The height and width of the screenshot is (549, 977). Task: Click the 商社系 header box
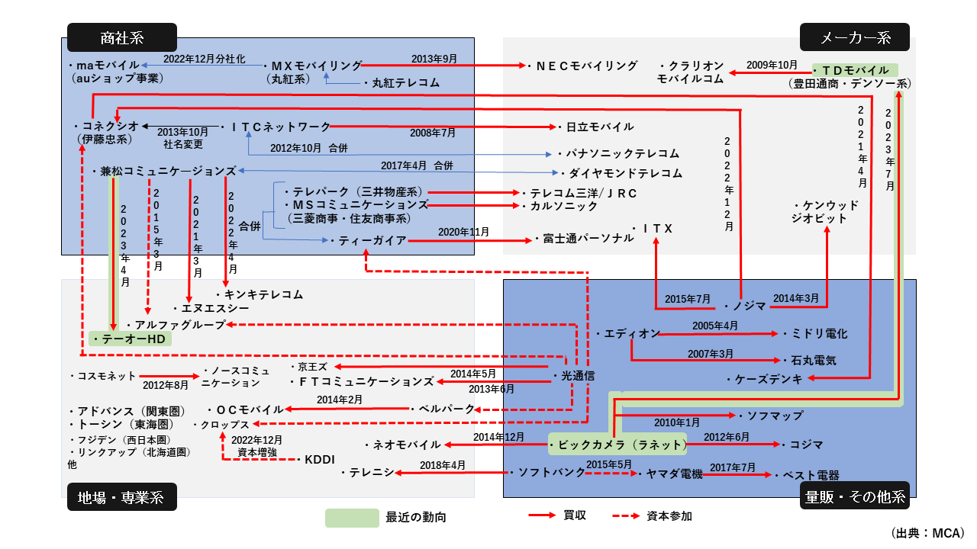(122, 37)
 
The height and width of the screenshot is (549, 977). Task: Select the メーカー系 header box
(855, 37)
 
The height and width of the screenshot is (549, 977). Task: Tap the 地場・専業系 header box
(122, 497)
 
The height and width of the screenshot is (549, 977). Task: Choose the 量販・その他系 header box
(855, 497)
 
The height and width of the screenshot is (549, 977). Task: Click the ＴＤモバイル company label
(857, 70)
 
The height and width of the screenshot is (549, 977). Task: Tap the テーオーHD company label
(131, 339)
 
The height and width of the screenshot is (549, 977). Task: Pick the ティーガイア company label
(368, 240)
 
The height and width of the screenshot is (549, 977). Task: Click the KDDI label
(319, 459)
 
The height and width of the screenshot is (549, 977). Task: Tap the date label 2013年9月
(434, 59)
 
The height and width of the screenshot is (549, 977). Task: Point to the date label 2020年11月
(463, 231)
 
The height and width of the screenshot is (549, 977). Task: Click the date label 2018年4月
(442, 464)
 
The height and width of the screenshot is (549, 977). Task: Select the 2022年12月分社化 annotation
(205, 58)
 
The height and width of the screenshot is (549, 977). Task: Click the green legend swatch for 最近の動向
(352, 518)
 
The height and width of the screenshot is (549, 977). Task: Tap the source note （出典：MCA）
(927, 532)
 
